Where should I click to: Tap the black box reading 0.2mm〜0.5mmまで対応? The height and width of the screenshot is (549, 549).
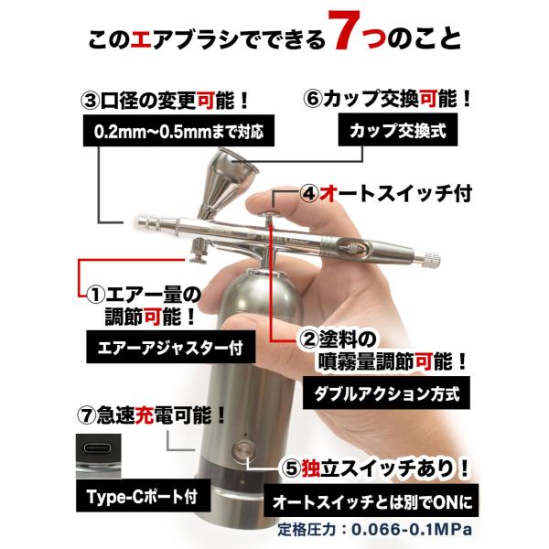pyautogui.click(x=178, y=131)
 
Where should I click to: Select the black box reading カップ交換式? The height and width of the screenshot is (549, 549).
pyautogui.click(x=398, y=131)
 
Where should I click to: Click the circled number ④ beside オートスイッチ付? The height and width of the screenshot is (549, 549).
pyautogui.click(x=309, y=195)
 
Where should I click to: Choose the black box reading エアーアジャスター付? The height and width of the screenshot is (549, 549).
pyautogui.click(x=170, y=348)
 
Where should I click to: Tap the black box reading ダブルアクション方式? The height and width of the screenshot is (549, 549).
pyautogui.click(x=386, y=393)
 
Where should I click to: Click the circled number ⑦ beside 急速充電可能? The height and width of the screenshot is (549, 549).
pyautogui.click(x=86, y=415)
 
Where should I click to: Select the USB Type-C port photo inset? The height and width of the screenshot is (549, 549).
pyautogui.click(x=99, y=457)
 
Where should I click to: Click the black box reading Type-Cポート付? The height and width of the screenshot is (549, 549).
pyautogui.click(x=144, y=496)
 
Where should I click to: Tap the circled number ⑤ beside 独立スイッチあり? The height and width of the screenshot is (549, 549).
pyautogui.click(x=291, y=468)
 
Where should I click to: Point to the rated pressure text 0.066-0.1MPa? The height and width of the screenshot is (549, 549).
pyautogui.click(x=412, y=530)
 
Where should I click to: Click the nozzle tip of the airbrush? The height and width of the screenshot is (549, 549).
pyautogui.click(x=140, y=222)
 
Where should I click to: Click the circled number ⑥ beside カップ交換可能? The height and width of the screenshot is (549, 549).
pyautogui.click(x=313, y=99)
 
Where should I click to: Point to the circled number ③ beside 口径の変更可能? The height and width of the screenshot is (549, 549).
pyautogui.click(x=90, y=101)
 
